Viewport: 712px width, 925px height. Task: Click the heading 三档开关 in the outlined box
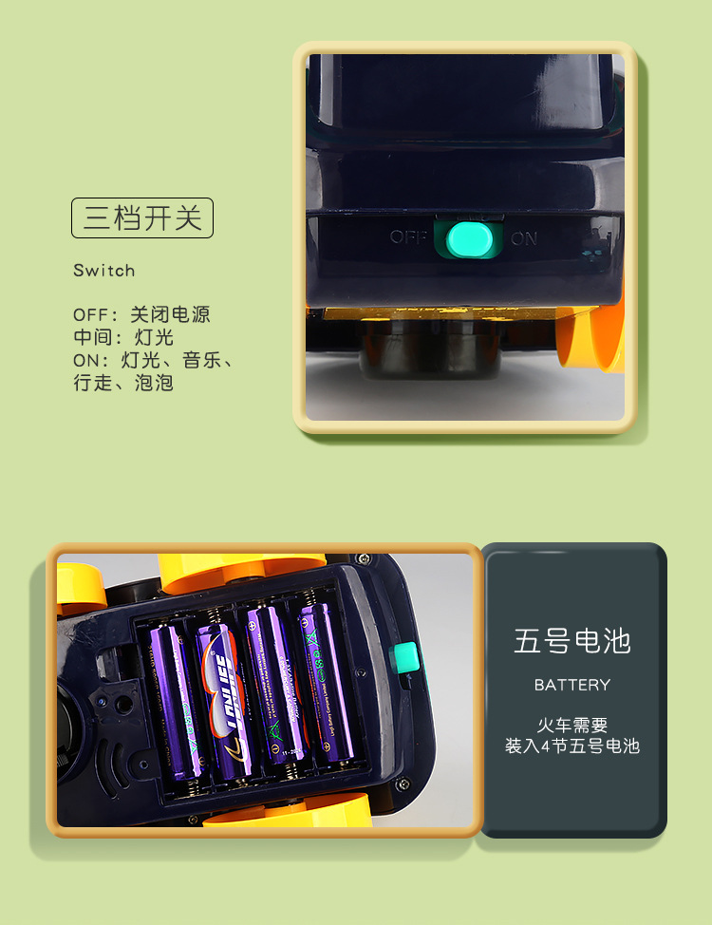(142, 217)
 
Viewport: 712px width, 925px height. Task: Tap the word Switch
(104, 271)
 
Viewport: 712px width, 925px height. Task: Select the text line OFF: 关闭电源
(141, 314)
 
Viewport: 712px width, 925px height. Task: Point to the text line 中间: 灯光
(123, 337)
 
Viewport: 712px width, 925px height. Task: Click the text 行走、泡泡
(123, 384)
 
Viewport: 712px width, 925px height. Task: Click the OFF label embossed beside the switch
(409, 237)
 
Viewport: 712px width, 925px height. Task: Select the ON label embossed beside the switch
(524, 239)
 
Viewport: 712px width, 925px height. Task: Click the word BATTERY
(572, 685)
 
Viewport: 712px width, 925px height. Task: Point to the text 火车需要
(572, 727)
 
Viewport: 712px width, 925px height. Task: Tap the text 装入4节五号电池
(572, 746)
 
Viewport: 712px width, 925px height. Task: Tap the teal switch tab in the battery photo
(405, 657)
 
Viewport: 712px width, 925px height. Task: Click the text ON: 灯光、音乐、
(153, 361)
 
